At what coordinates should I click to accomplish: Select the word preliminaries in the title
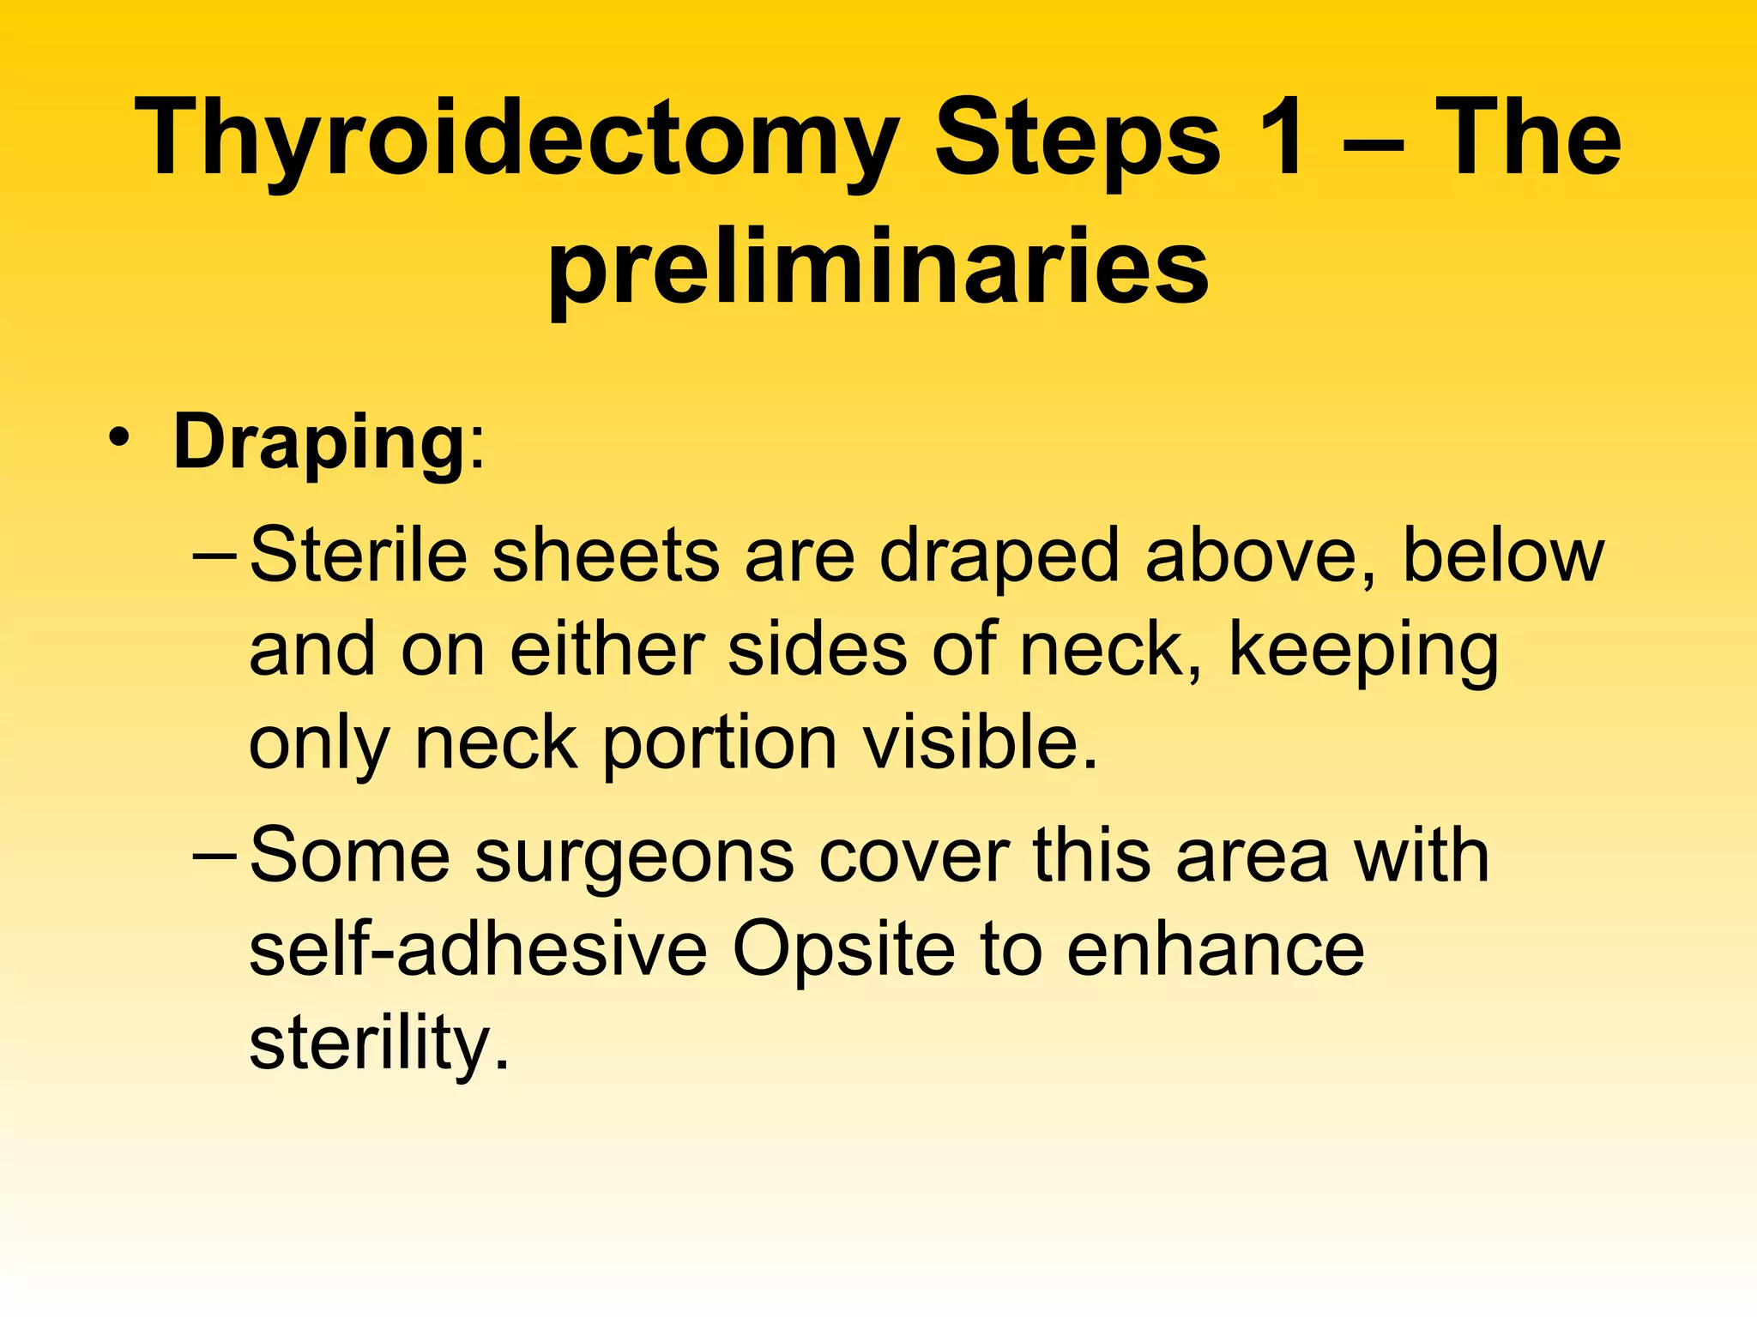pos(878,268)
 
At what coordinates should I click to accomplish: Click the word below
pos(1502,556)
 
